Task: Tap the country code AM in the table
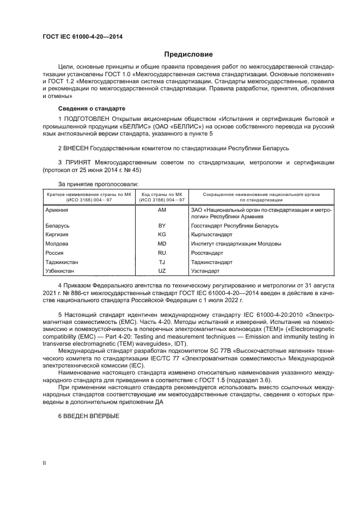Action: (x=162, y=209)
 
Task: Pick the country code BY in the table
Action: (x=162, y=225)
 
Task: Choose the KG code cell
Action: (x=162, y=234)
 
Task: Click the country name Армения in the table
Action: (x=57, y=209)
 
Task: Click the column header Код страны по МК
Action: (x=162, y=194)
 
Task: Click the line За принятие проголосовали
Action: (x=98, y=184)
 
